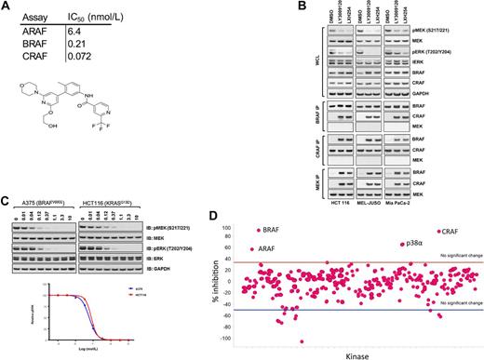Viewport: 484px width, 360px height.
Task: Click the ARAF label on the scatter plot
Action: pyautogui.click(x=266, y=250)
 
